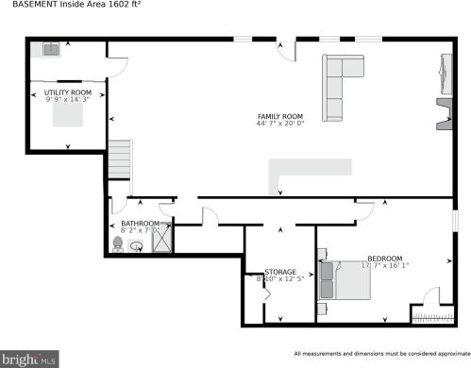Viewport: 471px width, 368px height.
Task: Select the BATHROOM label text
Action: click(140, 223)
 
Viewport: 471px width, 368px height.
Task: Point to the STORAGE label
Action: click(280, 271)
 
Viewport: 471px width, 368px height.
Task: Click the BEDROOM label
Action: click(384, 259)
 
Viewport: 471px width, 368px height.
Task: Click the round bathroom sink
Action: click(137, 247)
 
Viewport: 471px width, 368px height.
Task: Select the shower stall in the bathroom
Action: click(161, 239)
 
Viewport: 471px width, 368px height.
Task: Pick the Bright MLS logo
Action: click(29, 359)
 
